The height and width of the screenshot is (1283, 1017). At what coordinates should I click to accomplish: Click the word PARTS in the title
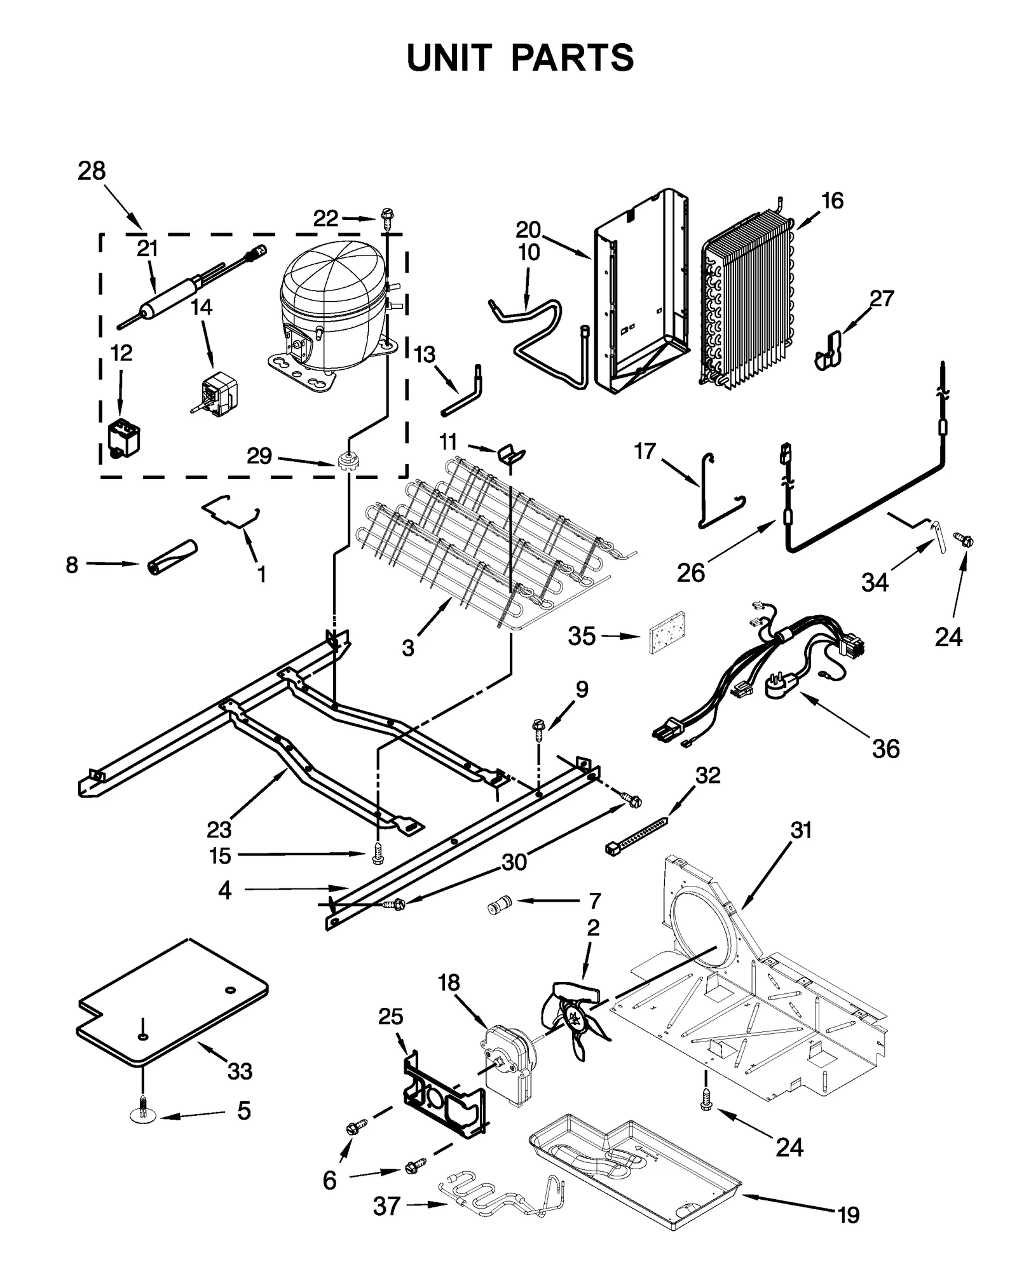click(x=572, y=58)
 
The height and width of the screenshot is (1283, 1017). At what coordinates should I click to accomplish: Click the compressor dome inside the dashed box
click(x=332, y=289)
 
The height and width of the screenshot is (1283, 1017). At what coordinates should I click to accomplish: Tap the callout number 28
click(x=92, y=171)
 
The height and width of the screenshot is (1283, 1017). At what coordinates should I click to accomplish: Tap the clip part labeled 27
click(x=828, y=351)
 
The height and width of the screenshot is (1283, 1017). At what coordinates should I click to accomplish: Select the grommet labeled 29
click(x=347, y=461)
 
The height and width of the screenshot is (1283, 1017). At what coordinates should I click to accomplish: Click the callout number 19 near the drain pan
click(x=849, y=1214)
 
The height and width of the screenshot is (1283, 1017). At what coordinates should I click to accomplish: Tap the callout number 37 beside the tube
click(x=386, y=1205)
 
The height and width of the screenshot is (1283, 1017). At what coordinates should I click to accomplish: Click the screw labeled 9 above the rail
click(x=538, y=726)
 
